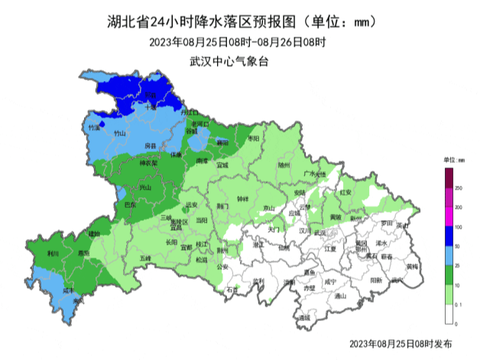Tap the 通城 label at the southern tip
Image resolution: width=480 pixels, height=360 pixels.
pyautogui.click(x=304, y=316)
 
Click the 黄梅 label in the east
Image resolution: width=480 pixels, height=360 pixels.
pyautogui.click(x=413, y=267)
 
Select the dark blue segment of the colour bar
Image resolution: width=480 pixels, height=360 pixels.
pyautogui.click(x=449, y=237)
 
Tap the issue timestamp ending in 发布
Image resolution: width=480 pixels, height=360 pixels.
pyautogui.click(x=401, y=345)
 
